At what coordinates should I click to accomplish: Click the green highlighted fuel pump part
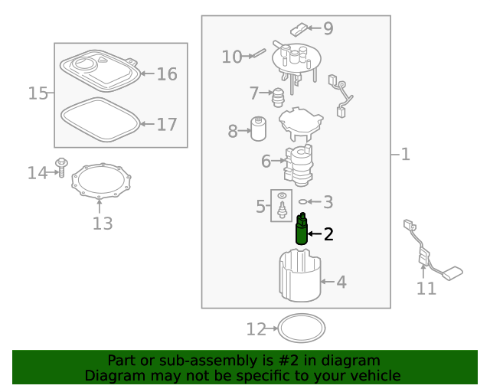(x=302, y=230)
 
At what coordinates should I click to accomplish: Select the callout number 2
(x=328, y=234)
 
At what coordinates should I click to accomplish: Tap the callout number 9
(x=328, y=29)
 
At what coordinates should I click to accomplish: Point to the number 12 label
(x=256, y=329)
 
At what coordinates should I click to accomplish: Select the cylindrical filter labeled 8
(x=259, y=129)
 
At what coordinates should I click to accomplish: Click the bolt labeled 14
(x=61, y=168)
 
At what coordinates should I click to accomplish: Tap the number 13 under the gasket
(x=103, y=224)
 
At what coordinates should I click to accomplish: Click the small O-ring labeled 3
(x=304, y=202)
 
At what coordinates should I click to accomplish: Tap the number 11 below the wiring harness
(x=426, y=289)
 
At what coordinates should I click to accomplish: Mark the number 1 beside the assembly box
(x=405, y=155)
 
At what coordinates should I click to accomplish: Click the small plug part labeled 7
(x=279, y=96)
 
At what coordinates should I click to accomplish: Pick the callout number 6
(x=266, y=162)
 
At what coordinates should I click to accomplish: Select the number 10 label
(x=232, y=57)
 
